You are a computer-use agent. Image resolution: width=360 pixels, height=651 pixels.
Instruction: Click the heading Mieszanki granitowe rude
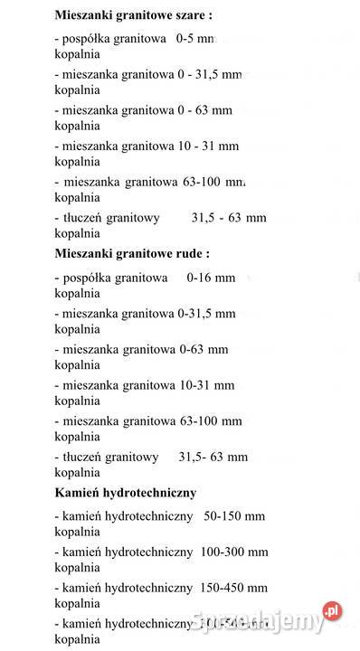point(132,253)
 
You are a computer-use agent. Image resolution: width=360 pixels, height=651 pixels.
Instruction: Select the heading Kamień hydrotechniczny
point(125,493)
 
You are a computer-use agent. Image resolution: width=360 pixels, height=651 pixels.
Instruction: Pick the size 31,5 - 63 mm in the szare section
point(228,217)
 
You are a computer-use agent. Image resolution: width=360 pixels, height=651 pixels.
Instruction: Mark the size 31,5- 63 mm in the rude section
point(213,457)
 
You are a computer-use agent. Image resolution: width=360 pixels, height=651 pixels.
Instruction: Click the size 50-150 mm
point(234,516)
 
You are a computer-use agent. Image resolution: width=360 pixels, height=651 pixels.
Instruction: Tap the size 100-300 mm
point(236,552)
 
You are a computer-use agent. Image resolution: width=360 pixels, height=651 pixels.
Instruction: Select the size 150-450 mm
point(236,588)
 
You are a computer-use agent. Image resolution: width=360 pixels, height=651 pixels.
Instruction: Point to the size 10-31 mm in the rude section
point(209,385)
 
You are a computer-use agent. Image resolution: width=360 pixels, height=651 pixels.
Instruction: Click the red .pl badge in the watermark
point(332,612)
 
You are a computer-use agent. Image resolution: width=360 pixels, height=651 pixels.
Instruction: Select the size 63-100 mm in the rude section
point(211,420)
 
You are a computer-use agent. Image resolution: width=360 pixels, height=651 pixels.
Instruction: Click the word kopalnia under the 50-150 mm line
point(77,532)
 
